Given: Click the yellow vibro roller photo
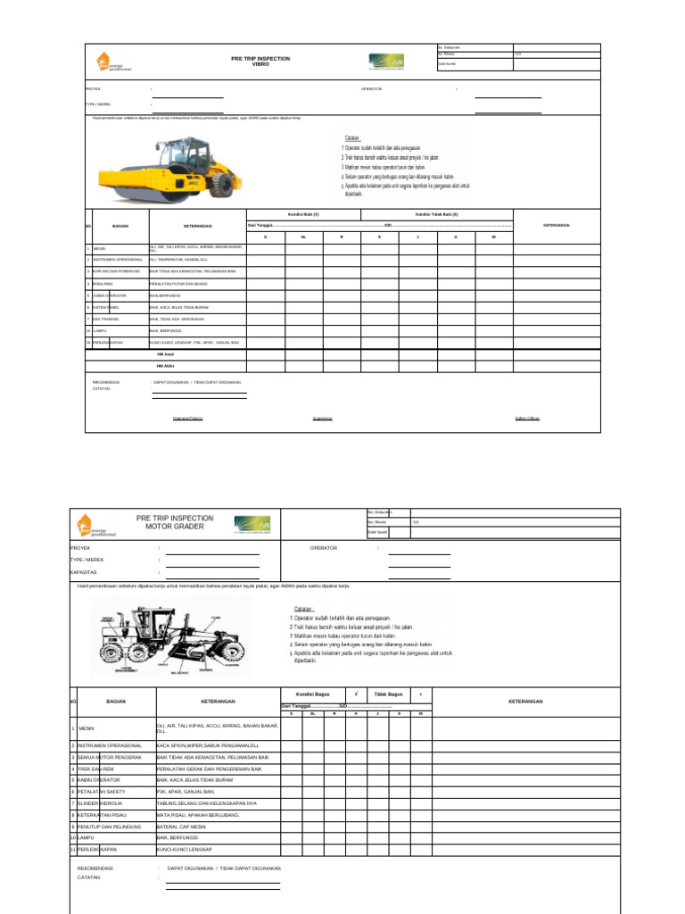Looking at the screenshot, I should point(169,167).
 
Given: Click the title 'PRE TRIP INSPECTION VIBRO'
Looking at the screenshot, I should point(260,62).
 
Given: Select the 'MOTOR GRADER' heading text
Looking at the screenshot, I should point(175,527).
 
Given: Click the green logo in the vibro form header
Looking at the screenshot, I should point(386,62).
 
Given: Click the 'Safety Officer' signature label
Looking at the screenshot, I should point(527,418).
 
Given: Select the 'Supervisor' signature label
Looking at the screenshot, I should point(322,418).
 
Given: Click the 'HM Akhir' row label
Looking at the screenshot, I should point(165,366).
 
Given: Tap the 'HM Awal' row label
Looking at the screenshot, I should point(165,354).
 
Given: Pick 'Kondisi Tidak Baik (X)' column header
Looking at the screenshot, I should point(436,214).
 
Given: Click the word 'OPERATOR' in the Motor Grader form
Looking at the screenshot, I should point(324,548).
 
